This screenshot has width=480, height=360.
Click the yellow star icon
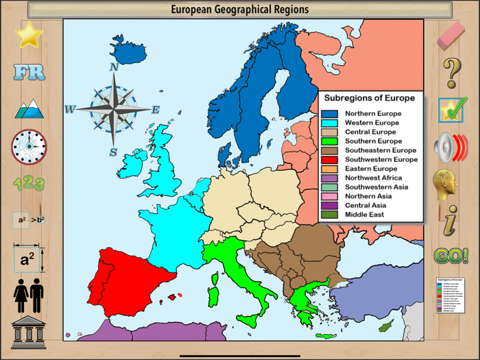click(x=29, y=34)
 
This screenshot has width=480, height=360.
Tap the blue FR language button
click(x=29, y=72)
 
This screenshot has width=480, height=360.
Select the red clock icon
click(x=29, y=146)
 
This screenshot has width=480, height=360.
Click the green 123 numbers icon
click(x=29, y=183)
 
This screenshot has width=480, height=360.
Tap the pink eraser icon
click(x=451, y=35)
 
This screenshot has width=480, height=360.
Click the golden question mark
click(x=451, y=72)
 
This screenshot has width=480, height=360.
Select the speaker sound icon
click(x=451, y=147)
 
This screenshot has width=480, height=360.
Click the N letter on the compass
click(x=114, y=67)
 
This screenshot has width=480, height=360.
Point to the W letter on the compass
click(x=70, y=110)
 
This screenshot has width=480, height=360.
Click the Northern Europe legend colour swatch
click(x=330, y=114)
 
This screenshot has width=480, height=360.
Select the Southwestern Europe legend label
click(x=381, y=160)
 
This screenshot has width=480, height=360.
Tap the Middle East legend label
click(x=364, y=215)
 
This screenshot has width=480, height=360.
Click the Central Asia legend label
click(x=365, y=206)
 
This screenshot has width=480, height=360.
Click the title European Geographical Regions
click(x=239, y=10)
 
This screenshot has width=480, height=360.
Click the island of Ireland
click(x=132, y=165)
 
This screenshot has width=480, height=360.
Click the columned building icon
click(x=29, y=333)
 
